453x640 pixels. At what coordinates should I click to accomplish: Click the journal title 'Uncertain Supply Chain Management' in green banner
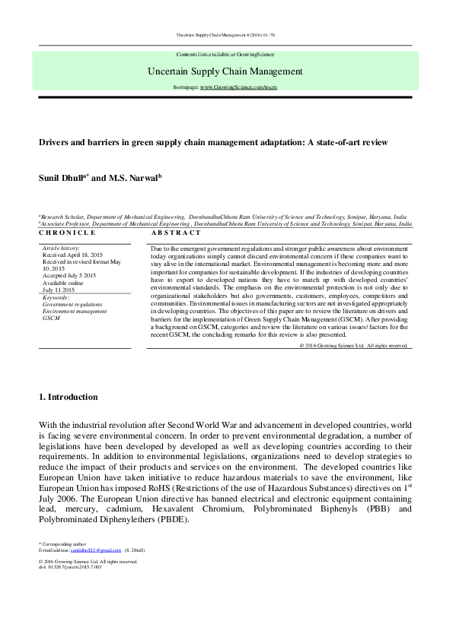click(x=225, y=72)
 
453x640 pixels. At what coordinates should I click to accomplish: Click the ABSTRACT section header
click(x=177, y=233)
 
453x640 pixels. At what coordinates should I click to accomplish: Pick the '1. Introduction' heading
click(x=68, y=397)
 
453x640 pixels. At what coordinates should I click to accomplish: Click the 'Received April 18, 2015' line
click(x=76, y=255)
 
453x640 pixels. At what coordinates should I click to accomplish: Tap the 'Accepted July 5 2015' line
click(x=72, y=276)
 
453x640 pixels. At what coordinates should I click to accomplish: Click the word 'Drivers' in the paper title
click(x=54, y=142)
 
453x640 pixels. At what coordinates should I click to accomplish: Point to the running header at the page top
click(x=225, y=36)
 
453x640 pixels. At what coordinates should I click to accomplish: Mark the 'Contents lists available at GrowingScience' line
click(x=225, y=55)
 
